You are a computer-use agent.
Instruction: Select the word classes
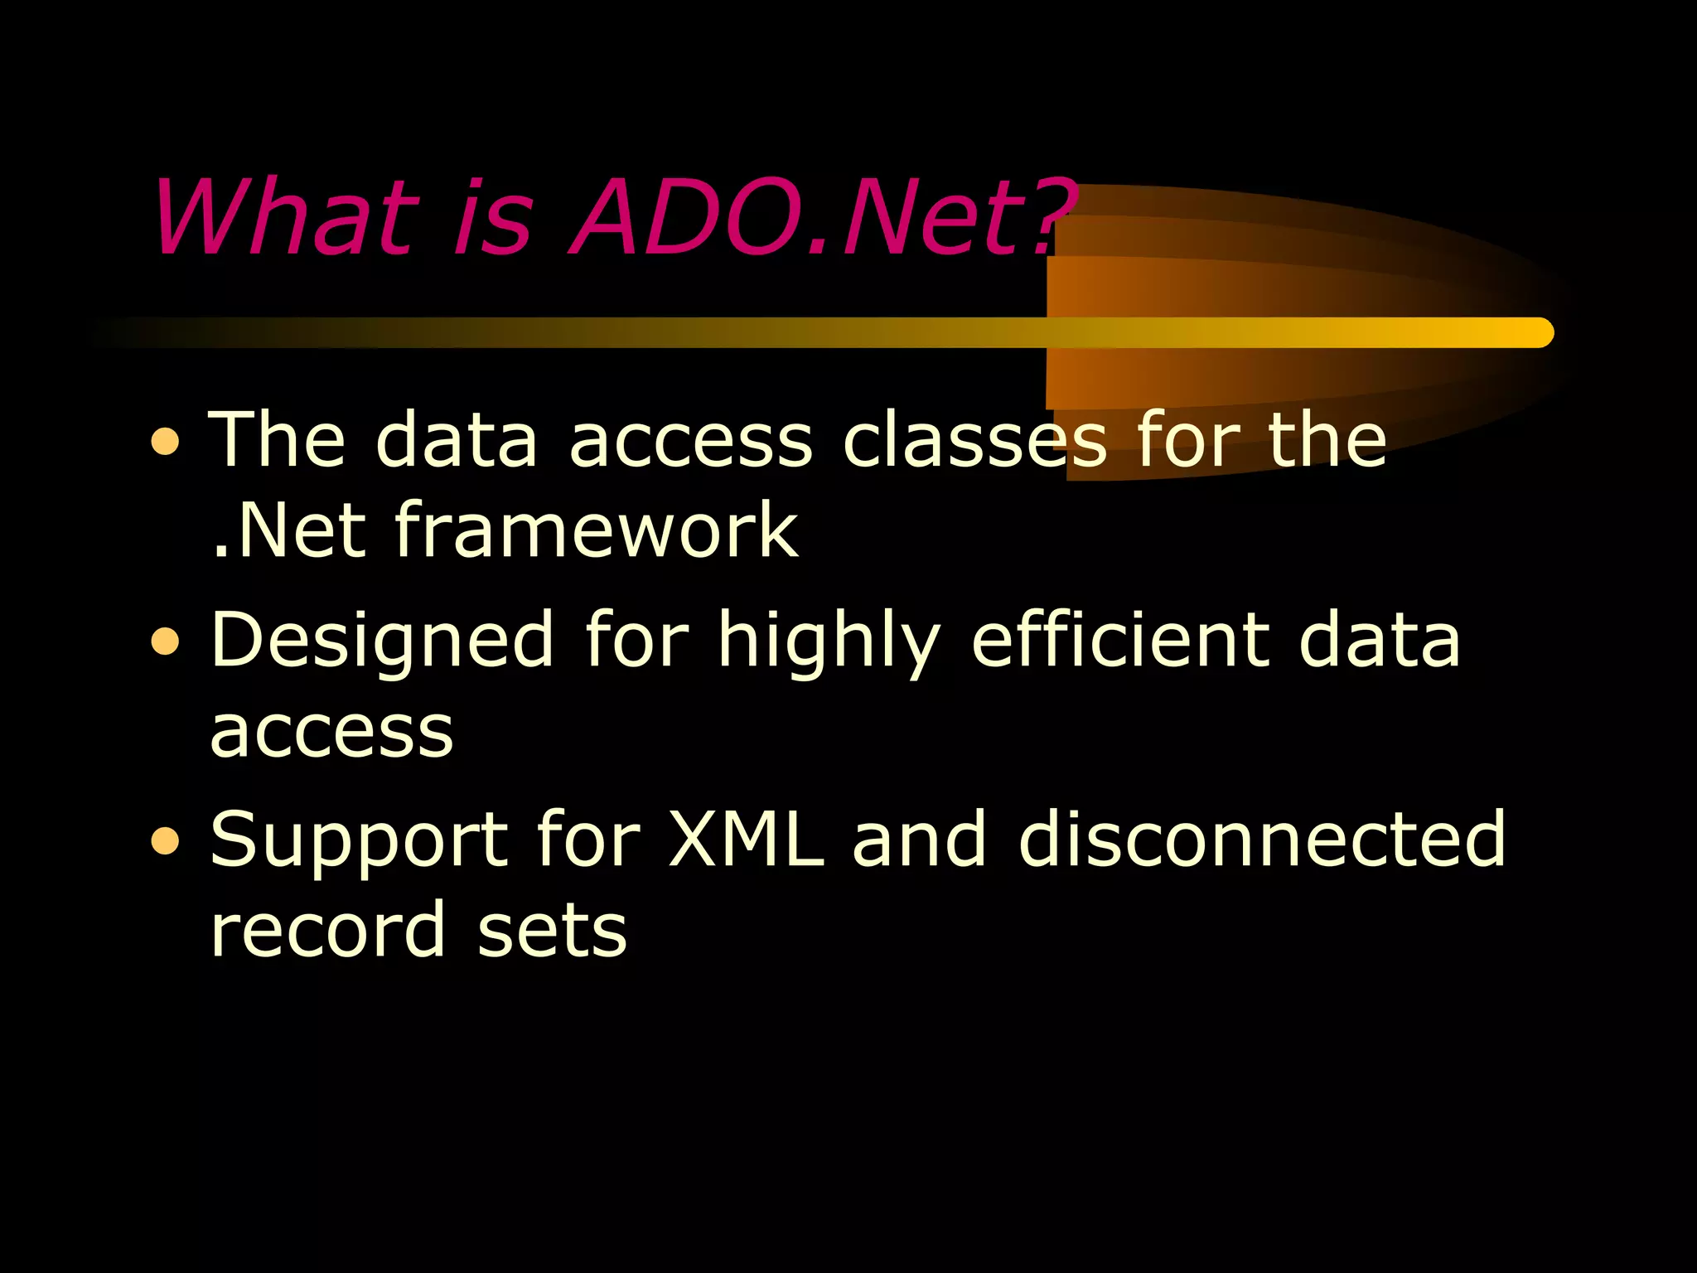974,439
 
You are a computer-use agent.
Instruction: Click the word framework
596,530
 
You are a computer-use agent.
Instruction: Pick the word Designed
382,640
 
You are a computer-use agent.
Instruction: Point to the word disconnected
1261,839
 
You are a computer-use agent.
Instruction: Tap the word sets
552,930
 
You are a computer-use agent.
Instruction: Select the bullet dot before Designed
166,641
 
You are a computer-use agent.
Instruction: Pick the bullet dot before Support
166,840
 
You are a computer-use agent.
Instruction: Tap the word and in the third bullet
920,839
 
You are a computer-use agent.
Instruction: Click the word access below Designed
331,733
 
